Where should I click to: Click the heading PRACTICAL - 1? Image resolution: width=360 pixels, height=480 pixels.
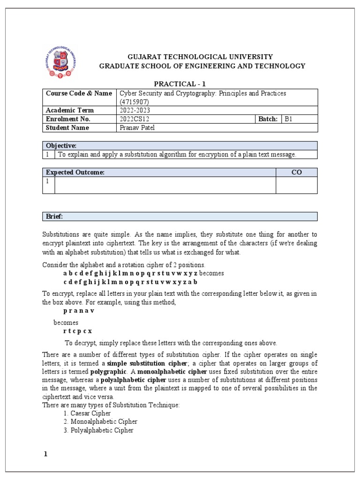180,83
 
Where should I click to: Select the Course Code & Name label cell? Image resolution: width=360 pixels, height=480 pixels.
79,93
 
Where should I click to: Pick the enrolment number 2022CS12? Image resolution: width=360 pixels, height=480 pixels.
135,119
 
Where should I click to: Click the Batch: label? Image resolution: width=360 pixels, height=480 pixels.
268,119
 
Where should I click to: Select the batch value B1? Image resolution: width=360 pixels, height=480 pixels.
288,119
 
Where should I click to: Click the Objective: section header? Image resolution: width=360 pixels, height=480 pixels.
61,146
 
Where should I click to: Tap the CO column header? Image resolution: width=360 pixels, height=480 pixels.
296,172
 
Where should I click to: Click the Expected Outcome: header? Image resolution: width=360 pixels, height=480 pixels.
75,172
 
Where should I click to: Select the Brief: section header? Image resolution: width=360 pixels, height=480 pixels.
54,216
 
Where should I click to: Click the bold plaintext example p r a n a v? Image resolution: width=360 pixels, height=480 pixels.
79,311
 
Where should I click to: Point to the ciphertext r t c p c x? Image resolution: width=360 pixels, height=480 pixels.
77,331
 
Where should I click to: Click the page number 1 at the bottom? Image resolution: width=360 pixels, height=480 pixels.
45,454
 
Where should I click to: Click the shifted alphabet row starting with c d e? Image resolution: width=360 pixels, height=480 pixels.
130,282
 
